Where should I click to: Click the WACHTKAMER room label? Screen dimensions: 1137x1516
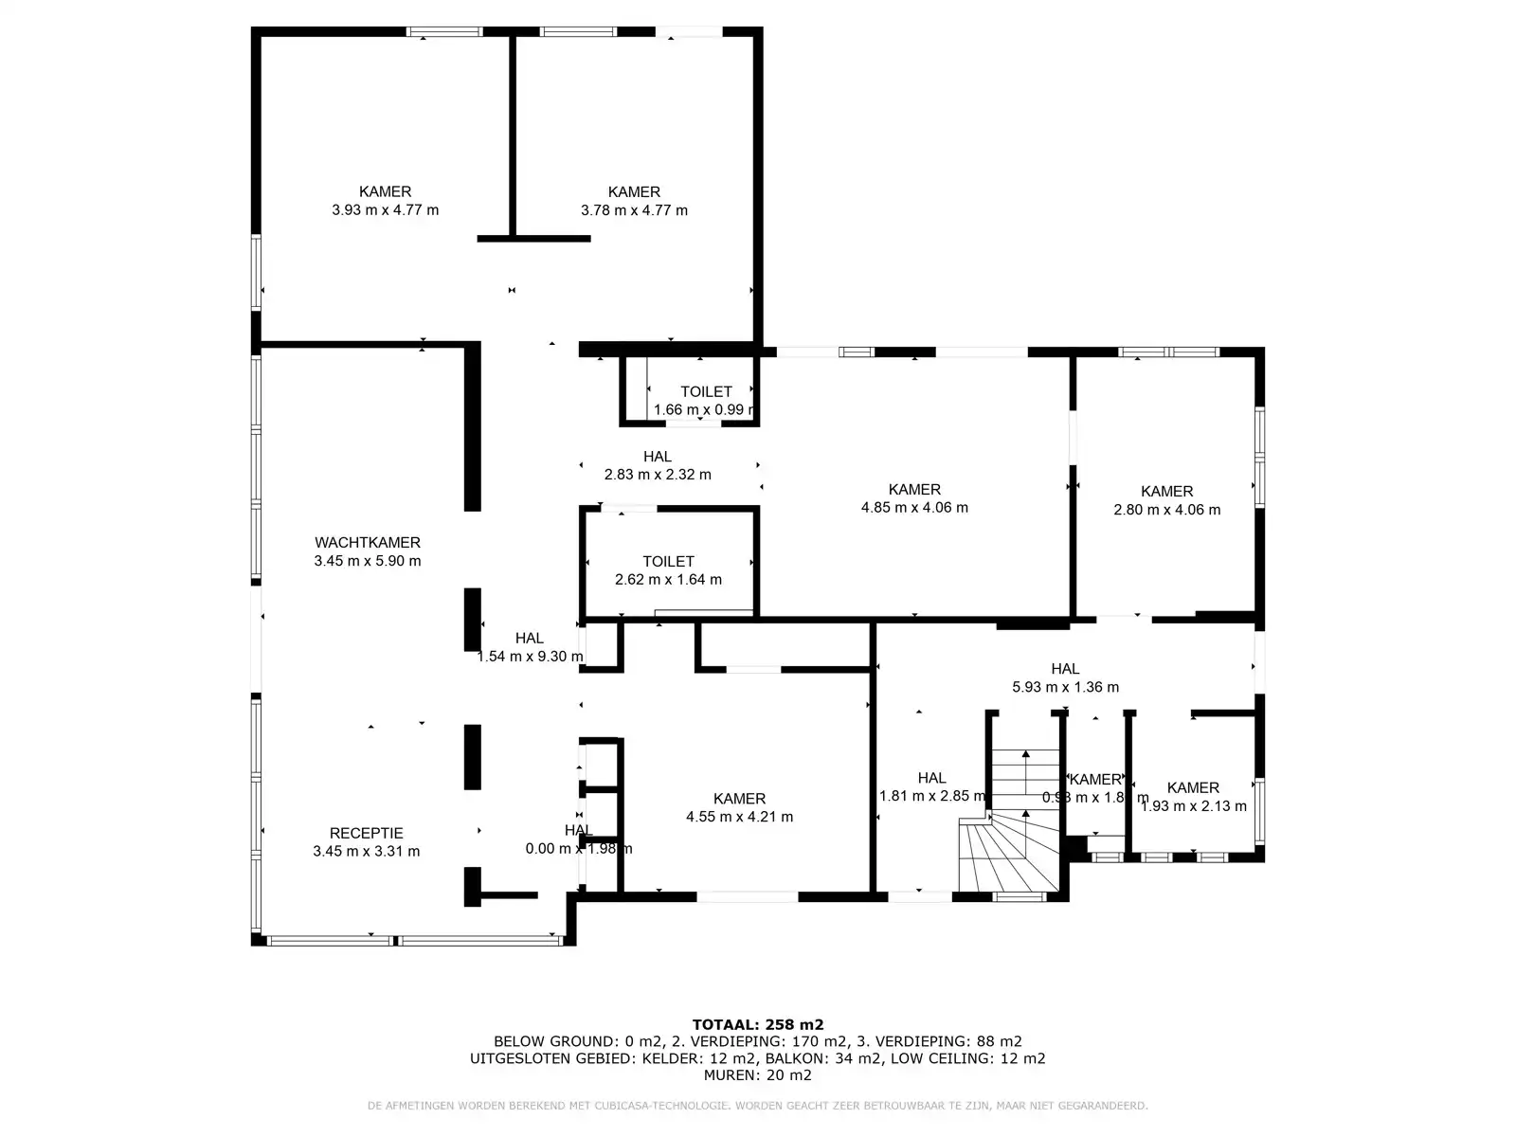point(368,543)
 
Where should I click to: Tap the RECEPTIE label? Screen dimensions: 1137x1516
point(366,834)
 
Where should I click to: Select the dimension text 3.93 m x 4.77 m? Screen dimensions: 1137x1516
point(385,210)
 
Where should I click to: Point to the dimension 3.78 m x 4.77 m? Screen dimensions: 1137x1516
point(634,210)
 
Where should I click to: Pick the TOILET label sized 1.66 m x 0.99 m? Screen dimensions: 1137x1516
point(706,392)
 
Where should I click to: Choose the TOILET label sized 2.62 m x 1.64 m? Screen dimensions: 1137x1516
point(668,562)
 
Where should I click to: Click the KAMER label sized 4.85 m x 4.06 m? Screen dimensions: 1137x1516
point(914,490)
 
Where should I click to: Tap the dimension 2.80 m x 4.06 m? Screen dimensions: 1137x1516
point(1166,510)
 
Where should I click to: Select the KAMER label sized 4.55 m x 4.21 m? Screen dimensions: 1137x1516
point(739,799)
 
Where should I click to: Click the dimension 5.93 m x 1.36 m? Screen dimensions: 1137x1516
point(1065,688)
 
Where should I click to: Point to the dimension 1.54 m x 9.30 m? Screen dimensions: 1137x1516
point(530,657)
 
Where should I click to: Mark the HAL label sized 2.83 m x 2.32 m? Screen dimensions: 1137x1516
point(657,457)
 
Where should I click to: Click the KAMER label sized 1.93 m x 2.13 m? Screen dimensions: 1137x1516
point(1193,788)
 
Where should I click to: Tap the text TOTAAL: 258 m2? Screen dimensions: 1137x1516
point(758,1024)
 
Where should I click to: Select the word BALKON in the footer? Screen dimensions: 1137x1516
point(792,1058)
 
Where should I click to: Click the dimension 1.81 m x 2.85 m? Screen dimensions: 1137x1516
point(932,797)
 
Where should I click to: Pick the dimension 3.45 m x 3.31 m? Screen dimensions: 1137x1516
point(366,852)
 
